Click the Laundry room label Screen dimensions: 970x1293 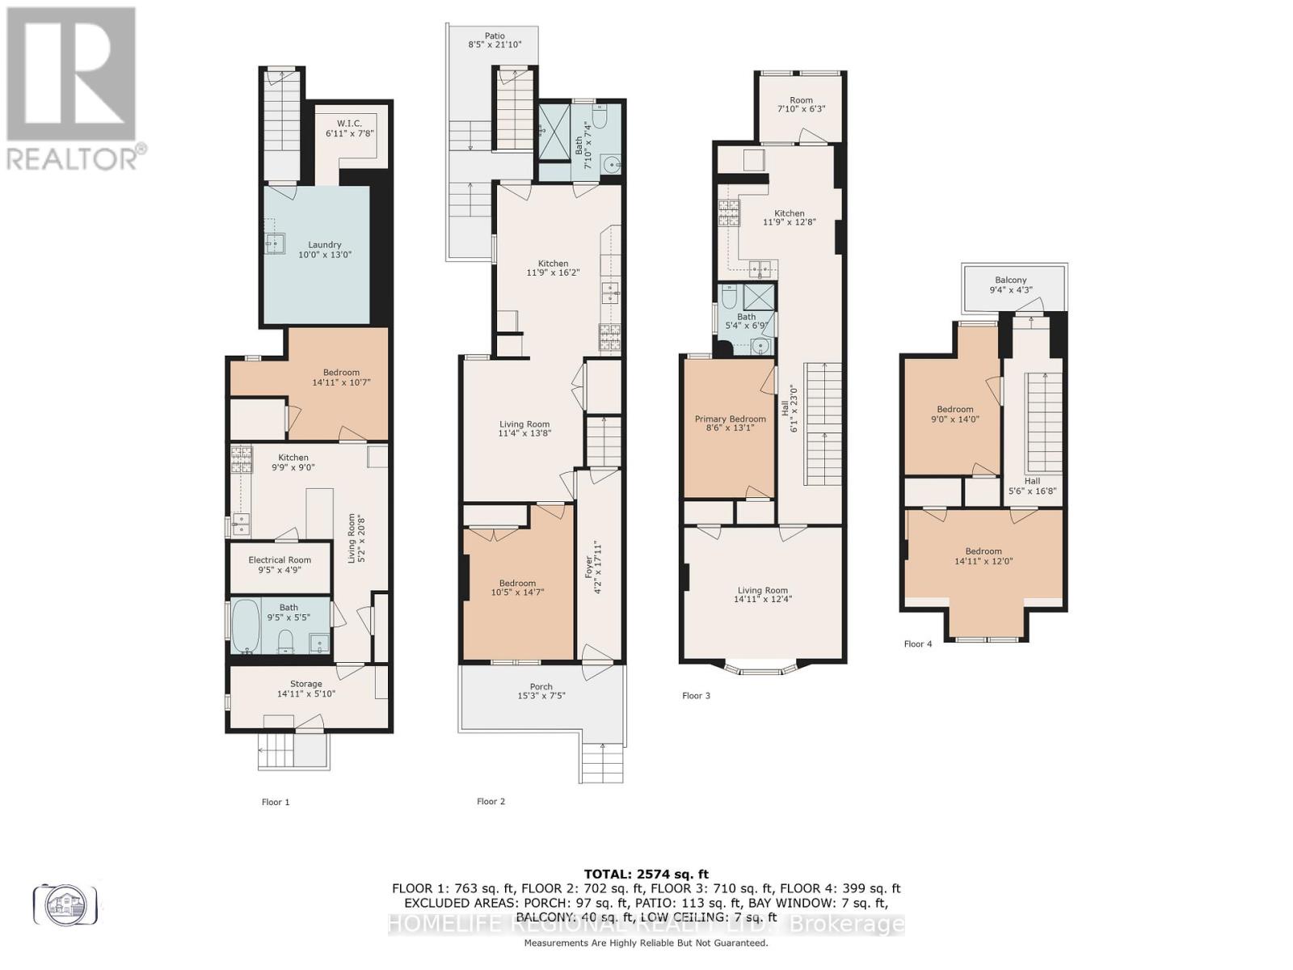(x=324, y=245)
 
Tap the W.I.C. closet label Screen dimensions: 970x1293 (x=349, y=124)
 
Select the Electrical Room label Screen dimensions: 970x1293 (x=280, y=560)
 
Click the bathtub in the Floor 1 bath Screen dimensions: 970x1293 (x=245, y=626)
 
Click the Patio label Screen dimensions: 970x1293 (x=495, y=36)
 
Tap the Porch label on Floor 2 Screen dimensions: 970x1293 (x=541, y=687)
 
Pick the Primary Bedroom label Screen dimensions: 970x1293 (x=730, y=419)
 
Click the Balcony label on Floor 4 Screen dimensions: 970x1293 (x=1010, y=280)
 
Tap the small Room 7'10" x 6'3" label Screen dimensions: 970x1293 (x=801, y=100)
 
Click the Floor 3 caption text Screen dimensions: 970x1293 (x=696, y=695)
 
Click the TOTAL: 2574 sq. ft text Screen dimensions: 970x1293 (x=646, y=874)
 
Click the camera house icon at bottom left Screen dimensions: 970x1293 (x=65, y=905)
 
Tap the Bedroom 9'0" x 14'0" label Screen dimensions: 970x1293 (x=954, y=409)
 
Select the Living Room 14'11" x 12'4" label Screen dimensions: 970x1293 (x=761, y=590)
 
